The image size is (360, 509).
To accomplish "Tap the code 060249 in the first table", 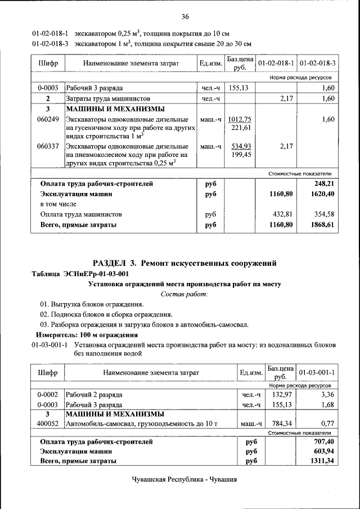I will pos(48,119).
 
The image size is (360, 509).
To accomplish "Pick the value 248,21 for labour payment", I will pos(323,183).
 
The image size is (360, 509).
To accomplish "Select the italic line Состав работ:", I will pos(184,294).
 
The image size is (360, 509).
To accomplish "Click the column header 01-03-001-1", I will pos(317,372).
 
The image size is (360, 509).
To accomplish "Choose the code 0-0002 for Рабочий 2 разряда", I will pos(48,395).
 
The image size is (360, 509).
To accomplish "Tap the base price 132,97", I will pos(280,395).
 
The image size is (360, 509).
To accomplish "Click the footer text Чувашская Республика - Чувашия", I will pos(184,480).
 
